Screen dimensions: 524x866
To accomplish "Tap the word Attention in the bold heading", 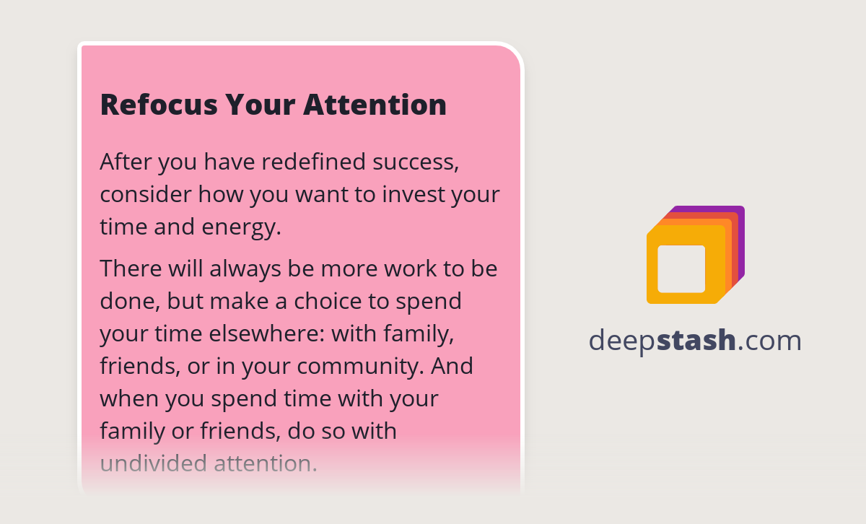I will (x=375, y=105).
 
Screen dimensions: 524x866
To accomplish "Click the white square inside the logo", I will (x=681, y=269).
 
